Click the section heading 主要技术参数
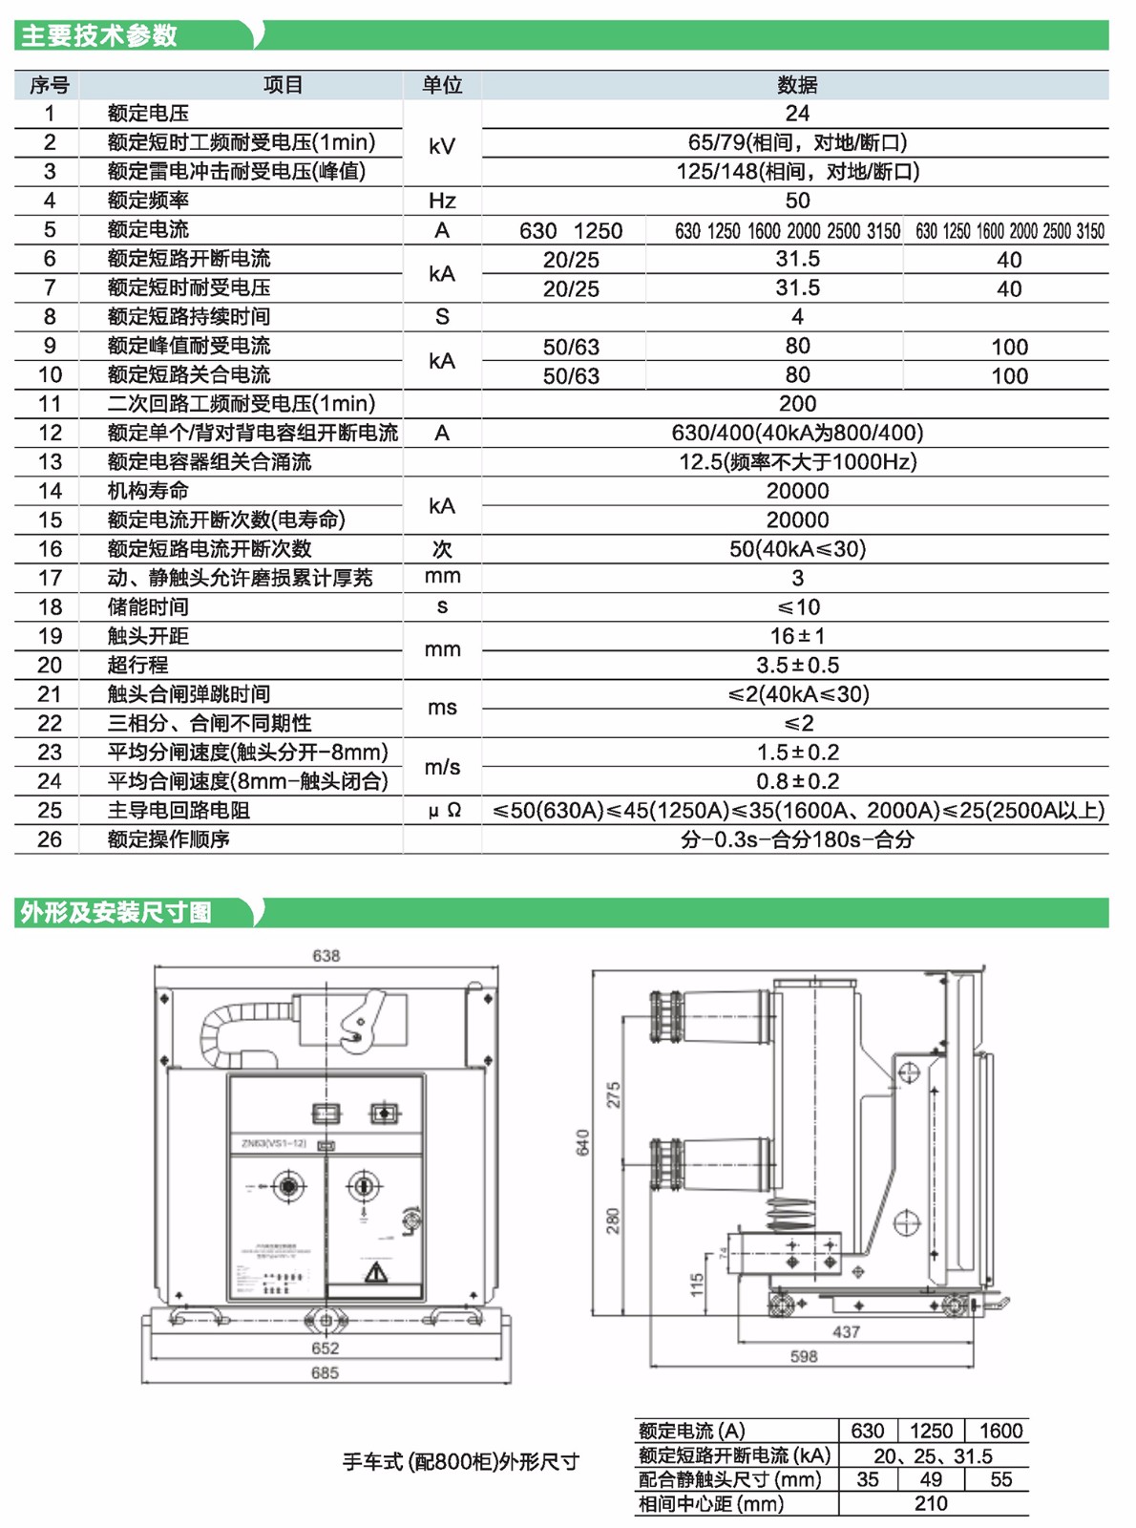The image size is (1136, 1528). click(99, 35)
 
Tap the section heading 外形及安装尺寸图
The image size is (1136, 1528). click(116, 912)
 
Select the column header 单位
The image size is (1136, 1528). click(442, 85)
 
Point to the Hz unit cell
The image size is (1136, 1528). click(442, 201)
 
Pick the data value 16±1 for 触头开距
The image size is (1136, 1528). click(797, 636)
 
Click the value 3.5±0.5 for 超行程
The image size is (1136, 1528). click(797, 665)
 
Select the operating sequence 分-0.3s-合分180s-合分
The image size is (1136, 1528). click(797, 839)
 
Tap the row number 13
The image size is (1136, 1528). click(50, 462)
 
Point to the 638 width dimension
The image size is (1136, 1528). click(326, 955)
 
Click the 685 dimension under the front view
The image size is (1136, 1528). click(325, 1372)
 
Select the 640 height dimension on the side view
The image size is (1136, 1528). click(582, 1141)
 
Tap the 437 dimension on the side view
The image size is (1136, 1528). click(846, 1331)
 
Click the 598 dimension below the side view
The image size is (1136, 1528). click(804, 1356)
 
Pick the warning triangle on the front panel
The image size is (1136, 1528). click(376, 1272)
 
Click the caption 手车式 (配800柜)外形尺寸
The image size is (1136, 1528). click(461, 1462)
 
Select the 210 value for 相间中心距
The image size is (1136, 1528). click(931, 1503)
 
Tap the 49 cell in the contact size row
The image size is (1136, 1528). click(931, 1479)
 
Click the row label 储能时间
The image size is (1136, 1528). click(148, 607)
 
